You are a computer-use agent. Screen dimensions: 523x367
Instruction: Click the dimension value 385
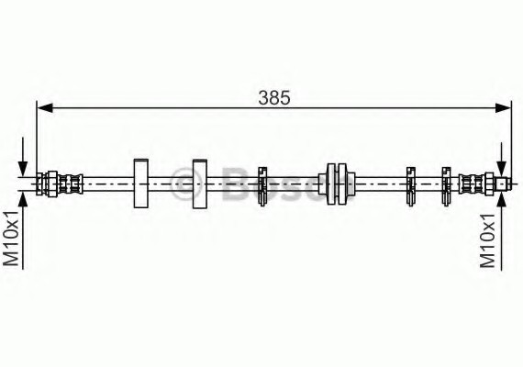274,98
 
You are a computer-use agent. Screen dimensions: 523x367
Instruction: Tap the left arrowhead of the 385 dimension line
44,107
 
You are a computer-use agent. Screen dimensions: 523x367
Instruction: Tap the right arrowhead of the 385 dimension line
503,107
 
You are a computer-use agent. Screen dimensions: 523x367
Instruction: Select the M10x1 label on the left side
12,239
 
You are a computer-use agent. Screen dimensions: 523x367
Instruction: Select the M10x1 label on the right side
487,241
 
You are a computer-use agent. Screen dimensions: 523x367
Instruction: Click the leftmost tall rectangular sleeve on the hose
140,183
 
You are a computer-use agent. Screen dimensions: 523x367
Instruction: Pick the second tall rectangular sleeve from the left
200,183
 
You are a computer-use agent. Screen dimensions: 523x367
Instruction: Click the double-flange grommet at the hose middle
337,183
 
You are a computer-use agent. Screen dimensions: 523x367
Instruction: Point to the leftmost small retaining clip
262,186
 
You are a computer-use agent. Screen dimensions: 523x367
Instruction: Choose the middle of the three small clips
410,186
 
